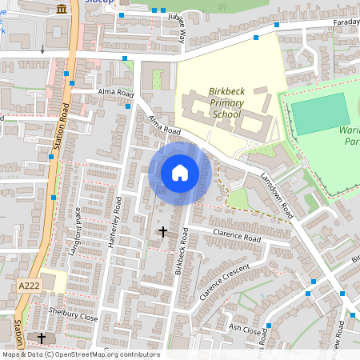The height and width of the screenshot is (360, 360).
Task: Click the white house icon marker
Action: point(180,173)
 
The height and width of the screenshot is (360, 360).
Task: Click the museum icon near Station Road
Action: point(62,9)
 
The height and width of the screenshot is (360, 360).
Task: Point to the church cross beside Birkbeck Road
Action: point(163,232)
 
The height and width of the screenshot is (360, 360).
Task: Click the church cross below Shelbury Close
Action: point(42,338)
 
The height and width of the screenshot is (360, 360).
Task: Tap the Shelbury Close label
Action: point(72,316)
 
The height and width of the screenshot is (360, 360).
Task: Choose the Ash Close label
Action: point(245,328)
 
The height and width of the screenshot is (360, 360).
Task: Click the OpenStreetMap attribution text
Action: point(80,354)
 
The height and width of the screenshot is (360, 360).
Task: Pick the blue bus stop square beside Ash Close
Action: point(269,325)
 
